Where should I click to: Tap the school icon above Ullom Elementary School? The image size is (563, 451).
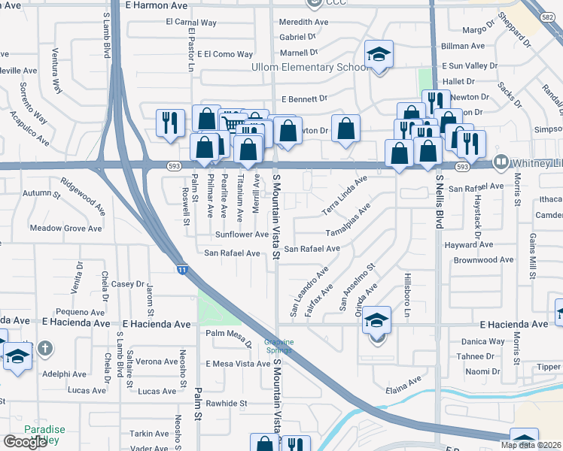tap(379, 54)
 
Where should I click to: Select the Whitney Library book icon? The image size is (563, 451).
tap(501, 162)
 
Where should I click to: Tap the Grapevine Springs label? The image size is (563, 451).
tap(278, 347)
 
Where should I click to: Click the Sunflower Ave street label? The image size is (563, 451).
tap(242, 235)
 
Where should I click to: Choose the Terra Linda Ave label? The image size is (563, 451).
tap(344, 195)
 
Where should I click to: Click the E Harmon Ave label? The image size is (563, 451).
tap(157, 5)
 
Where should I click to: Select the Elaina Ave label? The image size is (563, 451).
tap(404, 385)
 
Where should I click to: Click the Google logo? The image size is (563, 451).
tap(25, 442)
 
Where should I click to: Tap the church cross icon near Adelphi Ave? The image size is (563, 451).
tap(45, 348)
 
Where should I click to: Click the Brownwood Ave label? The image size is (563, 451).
tap(484, 260)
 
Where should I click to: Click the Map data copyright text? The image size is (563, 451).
tap(531, 445)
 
